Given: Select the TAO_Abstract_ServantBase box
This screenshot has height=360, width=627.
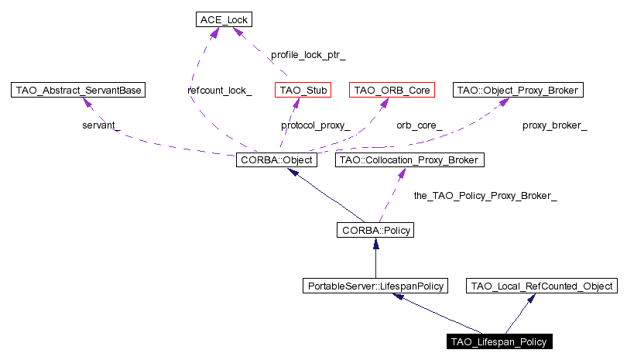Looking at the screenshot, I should [x=79, y=91].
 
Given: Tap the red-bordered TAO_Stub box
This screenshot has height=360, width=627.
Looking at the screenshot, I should [x=303, y=91].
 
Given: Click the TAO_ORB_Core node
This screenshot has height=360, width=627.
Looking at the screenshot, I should [x=391, y=91].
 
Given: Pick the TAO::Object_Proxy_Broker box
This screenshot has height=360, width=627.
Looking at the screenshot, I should [x=516, y=91].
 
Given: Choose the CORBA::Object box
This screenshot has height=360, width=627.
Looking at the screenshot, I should [x=276, y=160].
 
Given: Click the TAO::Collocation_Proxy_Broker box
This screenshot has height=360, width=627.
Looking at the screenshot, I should [x=409, y=160].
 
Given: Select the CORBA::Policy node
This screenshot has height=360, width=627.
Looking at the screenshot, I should [x=375, y=230].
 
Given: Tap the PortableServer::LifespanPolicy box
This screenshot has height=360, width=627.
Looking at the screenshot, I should [x=375, y=286].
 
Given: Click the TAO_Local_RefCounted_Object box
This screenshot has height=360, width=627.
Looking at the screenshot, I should [x=543, y=286].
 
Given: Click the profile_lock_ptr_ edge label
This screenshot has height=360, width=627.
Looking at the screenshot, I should [x=308, y=56].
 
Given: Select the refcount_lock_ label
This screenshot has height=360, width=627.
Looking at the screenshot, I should [x=220, y=91].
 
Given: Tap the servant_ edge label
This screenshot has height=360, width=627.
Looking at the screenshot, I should [x=101, y=125].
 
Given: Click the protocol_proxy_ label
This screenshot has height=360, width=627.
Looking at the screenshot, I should [x=316, y=125].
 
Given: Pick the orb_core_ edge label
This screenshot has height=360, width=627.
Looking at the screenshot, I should [x=420, y=125].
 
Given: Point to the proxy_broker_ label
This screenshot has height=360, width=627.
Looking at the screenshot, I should [x=555, y=125].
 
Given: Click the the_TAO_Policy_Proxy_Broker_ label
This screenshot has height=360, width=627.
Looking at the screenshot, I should [x=486, y=196].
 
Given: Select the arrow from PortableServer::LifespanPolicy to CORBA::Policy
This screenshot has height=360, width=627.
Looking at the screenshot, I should [x=375, y=259].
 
